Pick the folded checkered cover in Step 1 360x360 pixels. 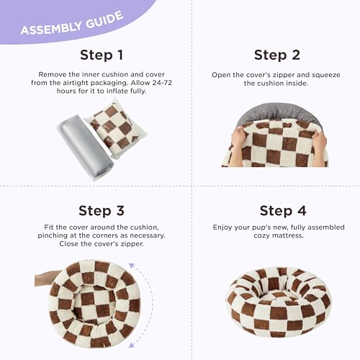coord(117,127)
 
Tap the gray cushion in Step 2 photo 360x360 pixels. coord(273,112)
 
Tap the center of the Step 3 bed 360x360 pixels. coord(89,301)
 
